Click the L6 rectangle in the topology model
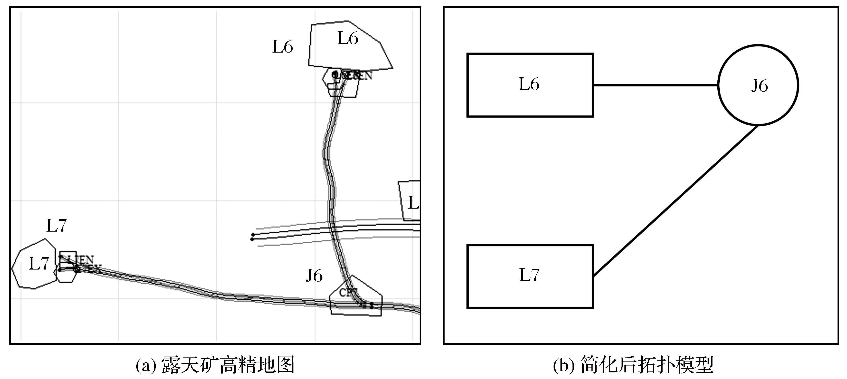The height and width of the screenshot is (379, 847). coord(530,85)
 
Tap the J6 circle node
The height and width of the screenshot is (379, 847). coord(758,85)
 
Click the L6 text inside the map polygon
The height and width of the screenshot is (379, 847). coord(348,39)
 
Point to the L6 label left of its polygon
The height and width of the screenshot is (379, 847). coord(283,47)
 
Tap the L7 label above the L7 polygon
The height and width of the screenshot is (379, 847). coord(57,226)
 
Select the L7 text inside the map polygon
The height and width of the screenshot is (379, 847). coord(39,263)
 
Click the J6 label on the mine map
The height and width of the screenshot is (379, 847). coord(314,276)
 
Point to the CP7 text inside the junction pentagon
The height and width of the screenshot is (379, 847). coord(348,293)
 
